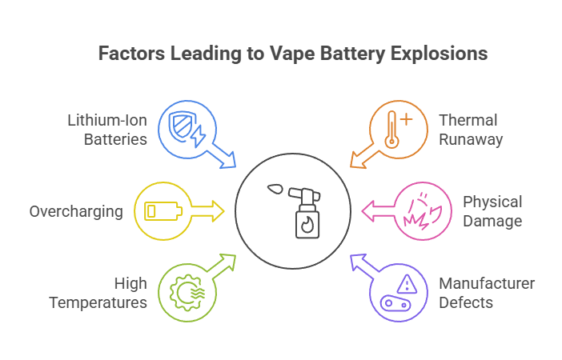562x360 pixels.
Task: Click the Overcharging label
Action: pyautogui.click(x=76, y=212)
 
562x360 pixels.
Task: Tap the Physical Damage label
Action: pyautogui.click(x=492, y=210)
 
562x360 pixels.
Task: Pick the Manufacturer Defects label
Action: pyautogui.click(x=487, y=293)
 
